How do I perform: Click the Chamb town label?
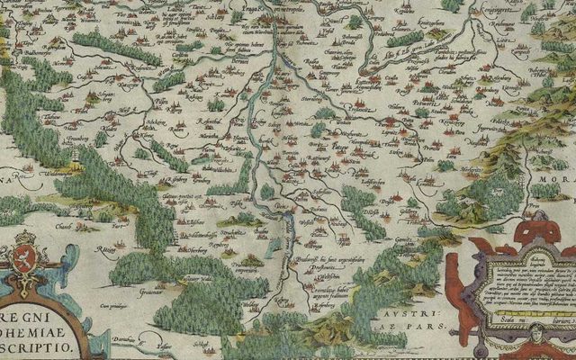[38, 229]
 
